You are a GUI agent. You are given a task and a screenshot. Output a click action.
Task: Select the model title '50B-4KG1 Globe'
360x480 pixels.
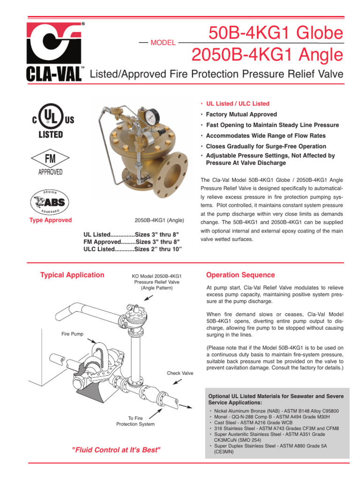276,33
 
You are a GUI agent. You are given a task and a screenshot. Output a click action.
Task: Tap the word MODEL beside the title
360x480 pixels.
163,43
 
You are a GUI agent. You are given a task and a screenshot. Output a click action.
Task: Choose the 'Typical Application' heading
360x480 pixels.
72,275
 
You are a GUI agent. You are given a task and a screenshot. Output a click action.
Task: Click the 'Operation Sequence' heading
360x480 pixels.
240,275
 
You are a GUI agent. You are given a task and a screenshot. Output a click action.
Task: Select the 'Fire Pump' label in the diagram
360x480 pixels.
72,334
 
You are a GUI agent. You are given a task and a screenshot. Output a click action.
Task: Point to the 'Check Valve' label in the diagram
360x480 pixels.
180,373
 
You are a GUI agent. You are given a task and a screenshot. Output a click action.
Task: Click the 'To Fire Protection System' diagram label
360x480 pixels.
135,421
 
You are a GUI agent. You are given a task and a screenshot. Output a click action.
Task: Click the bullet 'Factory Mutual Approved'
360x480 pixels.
241,114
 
